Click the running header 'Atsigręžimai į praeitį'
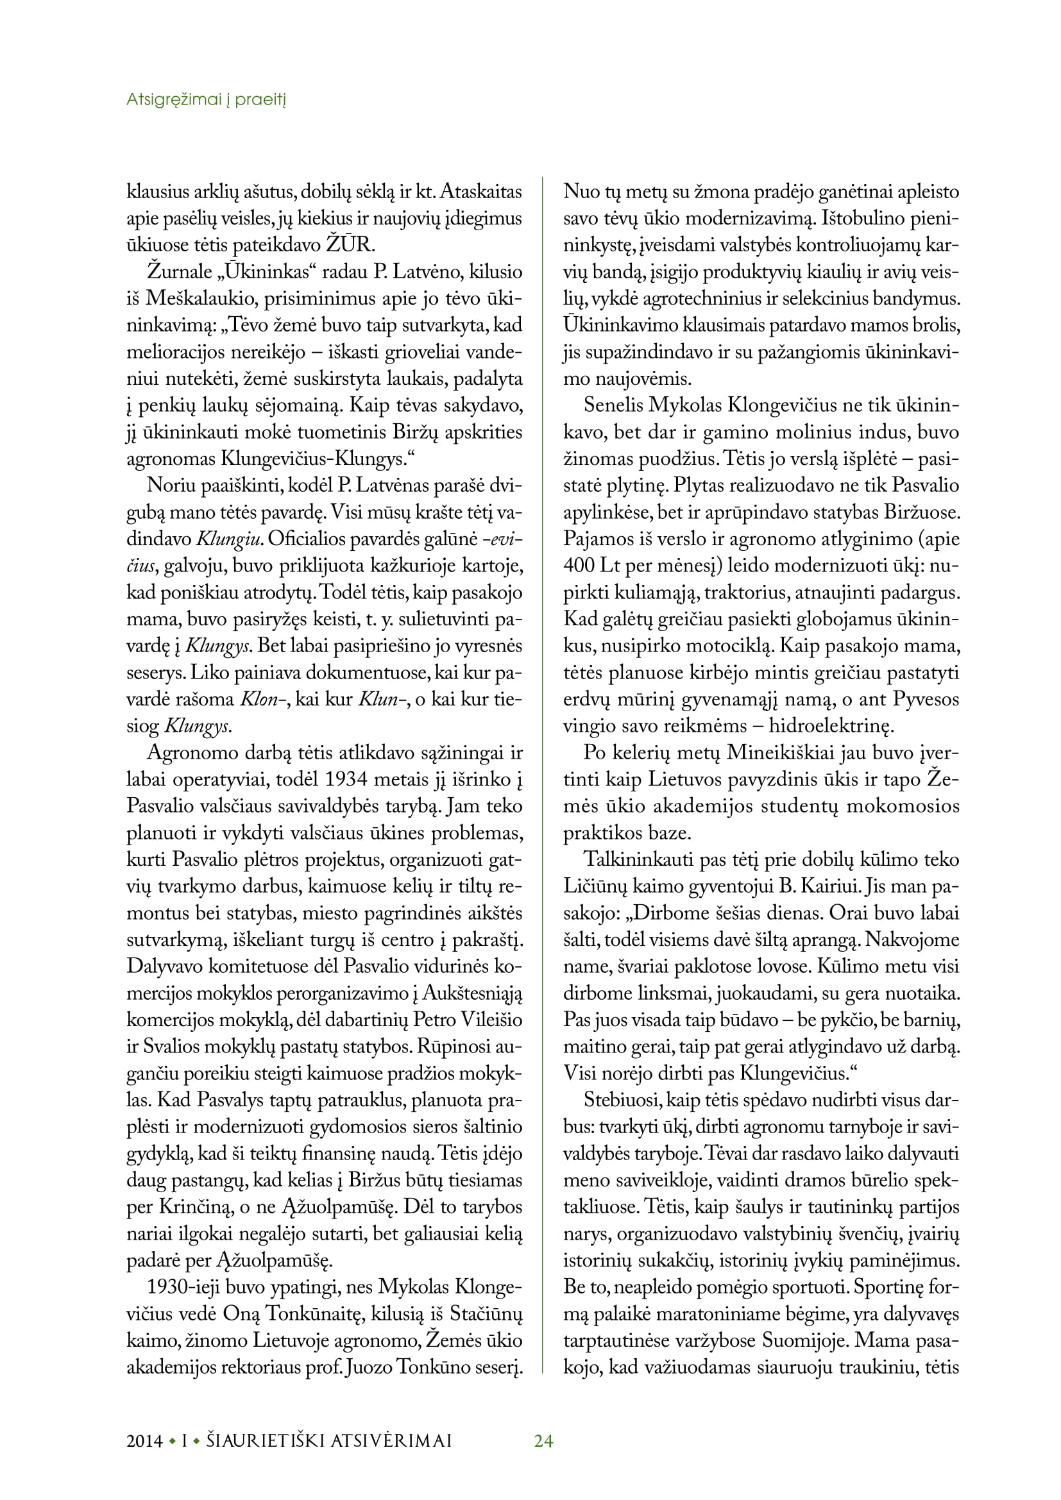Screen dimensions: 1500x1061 pos(206,100)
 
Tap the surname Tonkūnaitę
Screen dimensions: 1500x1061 pos(309,1314)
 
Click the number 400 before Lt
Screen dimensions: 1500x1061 pos(579,566)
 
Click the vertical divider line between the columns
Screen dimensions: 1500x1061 pos(543,784)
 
